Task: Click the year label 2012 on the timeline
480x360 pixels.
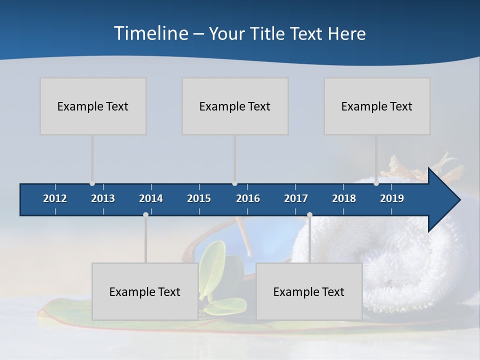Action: [x=55, y=198]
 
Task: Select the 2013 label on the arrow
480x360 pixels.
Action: [x=103, y=198]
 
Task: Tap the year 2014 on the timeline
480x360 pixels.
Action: [x=151, y=198]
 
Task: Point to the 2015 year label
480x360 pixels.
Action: [x=199, y=198]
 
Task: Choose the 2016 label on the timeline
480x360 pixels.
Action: [x=248, y=198]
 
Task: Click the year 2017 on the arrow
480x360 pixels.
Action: [x=296, y=198]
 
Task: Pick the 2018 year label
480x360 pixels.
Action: [x=344, y=198]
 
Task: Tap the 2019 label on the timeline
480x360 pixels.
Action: [x=392, y=198]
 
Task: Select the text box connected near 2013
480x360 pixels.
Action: [x=93, y=106]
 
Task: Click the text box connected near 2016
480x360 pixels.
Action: [x=235, y=106]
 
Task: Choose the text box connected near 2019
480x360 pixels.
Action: [x=377, y=106]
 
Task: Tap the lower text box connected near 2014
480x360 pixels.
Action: [x=145, y=291]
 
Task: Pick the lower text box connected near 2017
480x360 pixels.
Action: [x=309, y=291]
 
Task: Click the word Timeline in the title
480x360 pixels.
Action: [x=150, y=33]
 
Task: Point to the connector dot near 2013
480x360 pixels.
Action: [x=92, y=183]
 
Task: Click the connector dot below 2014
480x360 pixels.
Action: [x=145, y=215]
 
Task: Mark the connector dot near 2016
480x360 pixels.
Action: [x=234, y=183]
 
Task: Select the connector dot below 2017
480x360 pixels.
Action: [x=309, y=215]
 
